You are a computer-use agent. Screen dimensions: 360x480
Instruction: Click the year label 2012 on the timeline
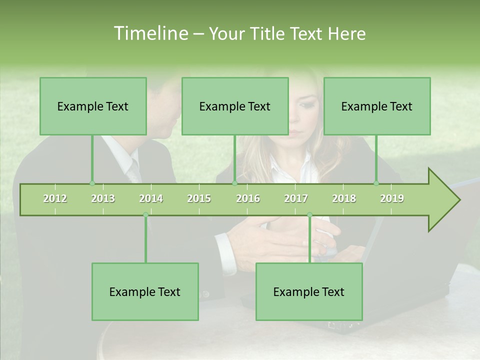coord(55,198)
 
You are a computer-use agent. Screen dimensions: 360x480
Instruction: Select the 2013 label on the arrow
coord(103,198)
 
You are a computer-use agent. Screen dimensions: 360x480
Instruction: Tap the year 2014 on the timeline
coord(151,198)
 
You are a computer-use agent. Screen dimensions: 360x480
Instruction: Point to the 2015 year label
coord(199,198)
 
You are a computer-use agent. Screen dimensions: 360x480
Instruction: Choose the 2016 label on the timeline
coord(248,198)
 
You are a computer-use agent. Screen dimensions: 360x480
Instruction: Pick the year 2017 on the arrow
coord(296,198)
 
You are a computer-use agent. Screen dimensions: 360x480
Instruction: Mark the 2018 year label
coord(344,198)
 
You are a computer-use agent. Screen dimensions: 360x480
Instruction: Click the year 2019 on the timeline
coord(392,198)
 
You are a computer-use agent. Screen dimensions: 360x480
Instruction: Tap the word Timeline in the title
coord(150,33)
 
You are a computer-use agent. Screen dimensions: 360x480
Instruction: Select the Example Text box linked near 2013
coord(93,106)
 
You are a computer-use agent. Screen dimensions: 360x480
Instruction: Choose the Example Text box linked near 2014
coord(145,291)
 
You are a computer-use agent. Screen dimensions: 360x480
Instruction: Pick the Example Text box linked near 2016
coord(235,106)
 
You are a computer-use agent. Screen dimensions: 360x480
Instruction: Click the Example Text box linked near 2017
coord(309,291)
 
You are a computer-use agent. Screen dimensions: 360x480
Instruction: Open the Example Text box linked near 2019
coord(377,106)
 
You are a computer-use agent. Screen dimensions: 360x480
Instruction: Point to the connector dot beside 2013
coord(92,183)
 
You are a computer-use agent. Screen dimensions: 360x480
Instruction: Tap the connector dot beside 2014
coord(145,215)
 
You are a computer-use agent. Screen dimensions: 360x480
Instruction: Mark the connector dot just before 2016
coord(234,183)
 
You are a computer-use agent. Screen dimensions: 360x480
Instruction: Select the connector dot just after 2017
coord(309,215)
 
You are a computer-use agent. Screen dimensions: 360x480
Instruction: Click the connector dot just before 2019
coord(376,183)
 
